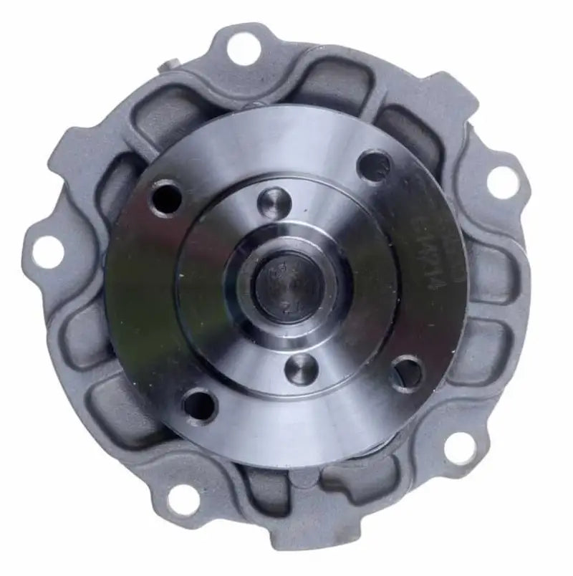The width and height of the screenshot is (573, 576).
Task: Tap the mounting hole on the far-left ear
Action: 47,249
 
